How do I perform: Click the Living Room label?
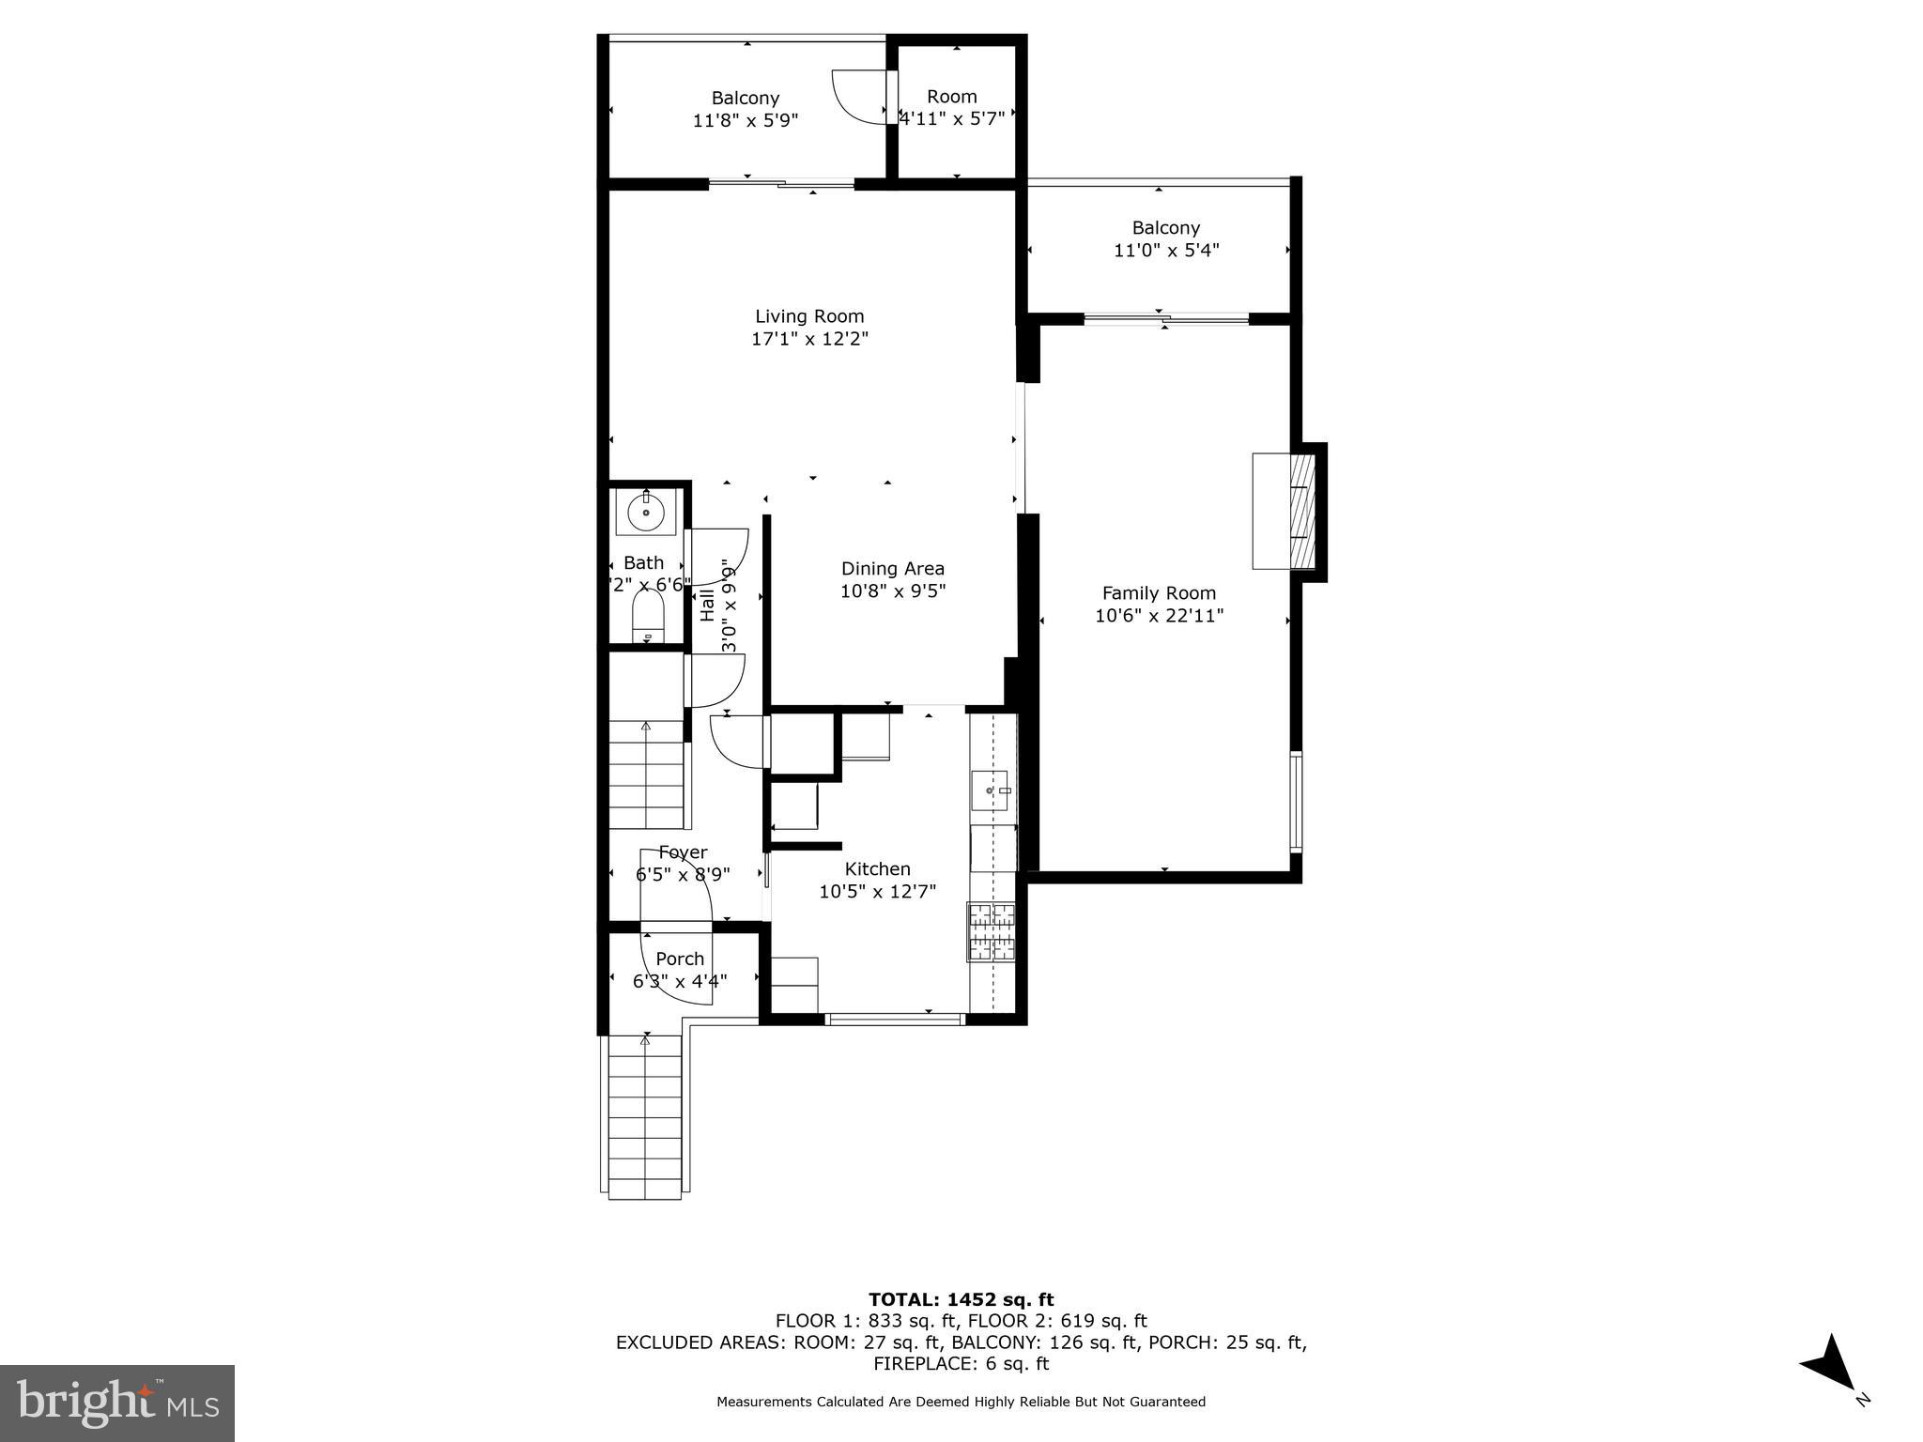pos(809,316)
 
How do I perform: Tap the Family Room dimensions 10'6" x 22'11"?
pos(1159,616)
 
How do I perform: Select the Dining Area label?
pos(892,568)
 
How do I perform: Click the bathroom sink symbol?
pos(646,512)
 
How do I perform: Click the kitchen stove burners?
pos(992,931)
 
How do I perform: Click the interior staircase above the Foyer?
pos(646,774)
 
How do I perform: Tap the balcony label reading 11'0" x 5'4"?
pos(1165,250)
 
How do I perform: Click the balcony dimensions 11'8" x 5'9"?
pos(745,120)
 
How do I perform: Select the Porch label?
pos(680,959)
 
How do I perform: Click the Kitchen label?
pos(877,868)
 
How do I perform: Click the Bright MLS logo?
pos(117,1403)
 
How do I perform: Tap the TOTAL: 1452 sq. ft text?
pos(961,1299)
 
